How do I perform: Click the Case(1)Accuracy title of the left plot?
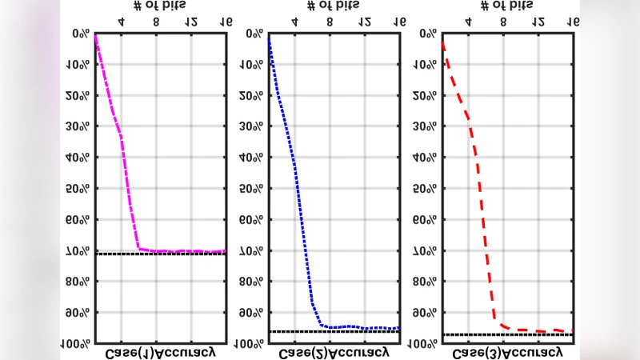click(x=160, y=352)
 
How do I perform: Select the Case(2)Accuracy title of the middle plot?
click(x=334, y=352)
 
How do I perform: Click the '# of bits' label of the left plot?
click(x=159, y=6)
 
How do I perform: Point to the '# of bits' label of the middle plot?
click(x=333, y=6)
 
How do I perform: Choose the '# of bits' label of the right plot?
click(x=506, y=6)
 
